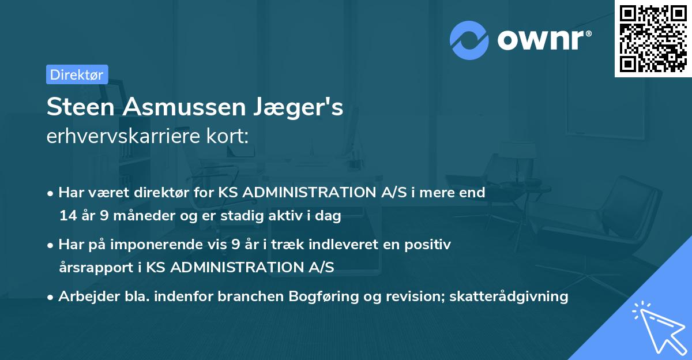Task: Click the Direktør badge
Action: [77, 74]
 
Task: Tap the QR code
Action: [653, 39]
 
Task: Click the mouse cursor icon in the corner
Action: [657, 325]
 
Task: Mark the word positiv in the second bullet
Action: [430, 245]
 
